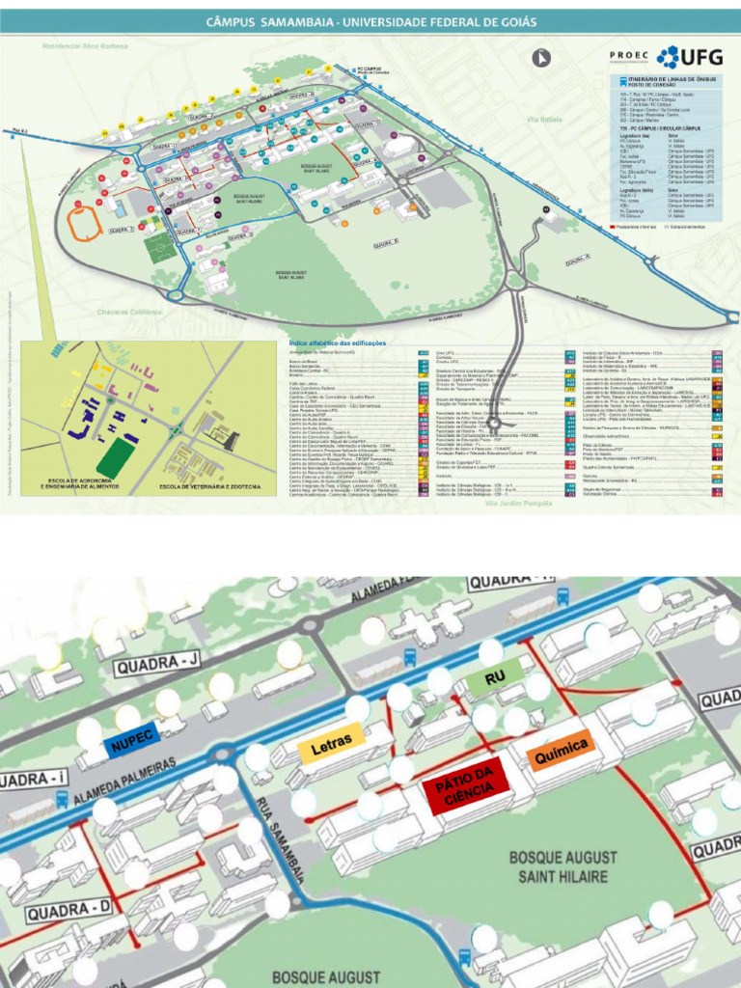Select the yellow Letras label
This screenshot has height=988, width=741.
(331, 744)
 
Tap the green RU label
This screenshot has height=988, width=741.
(495, 678)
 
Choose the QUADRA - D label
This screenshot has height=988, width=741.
(69, 910)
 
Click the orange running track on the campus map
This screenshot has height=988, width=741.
(85, 224)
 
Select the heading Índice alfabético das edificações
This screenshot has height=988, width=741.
(337, 343)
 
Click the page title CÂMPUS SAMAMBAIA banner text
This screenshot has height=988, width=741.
(371, 21)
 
